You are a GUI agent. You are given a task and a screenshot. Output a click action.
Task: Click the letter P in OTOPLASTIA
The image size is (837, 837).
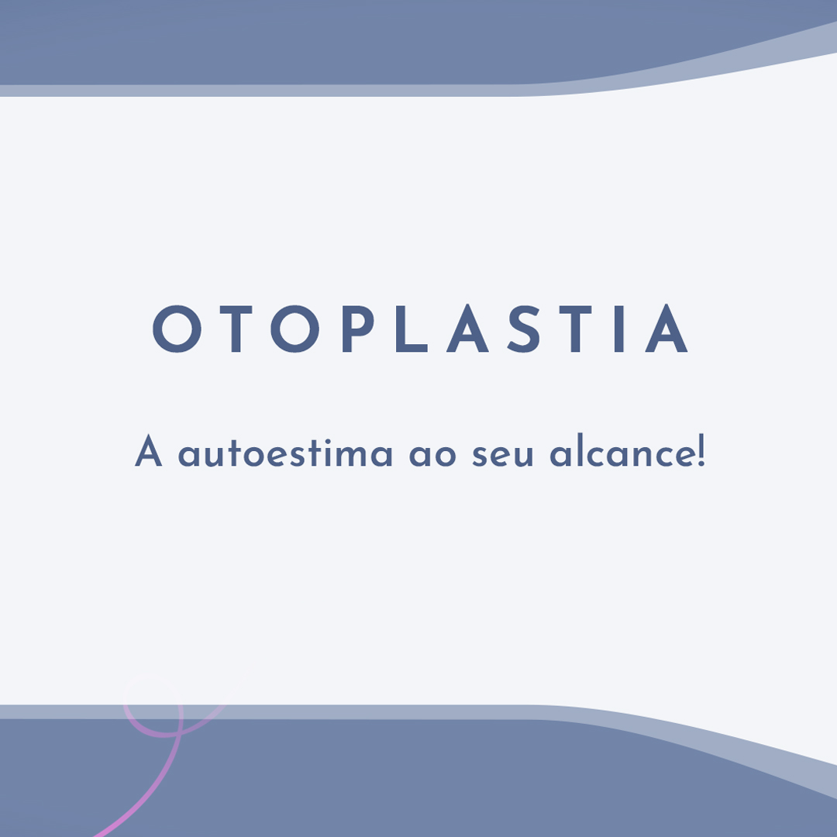tap(357, 329)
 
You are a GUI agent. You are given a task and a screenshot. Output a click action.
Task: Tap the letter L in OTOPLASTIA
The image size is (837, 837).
tap(411, 329)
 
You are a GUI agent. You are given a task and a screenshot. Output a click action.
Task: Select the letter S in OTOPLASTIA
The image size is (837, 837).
tap(524, 329)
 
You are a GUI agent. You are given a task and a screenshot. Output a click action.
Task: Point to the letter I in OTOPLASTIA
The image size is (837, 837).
tap(619, 329)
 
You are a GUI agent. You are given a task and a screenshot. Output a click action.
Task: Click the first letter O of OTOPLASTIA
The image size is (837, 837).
tap(177, 329)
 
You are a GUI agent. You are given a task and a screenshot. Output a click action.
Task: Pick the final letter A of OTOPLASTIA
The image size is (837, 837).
tap(666, 329)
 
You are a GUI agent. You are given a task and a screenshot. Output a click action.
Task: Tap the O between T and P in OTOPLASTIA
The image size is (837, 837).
tap(295, 329)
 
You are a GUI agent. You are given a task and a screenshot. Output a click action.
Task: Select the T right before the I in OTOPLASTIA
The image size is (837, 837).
tap(575, 329)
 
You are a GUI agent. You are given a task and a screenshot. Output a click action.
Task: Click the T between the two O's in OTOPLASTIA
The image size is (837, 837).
tap(236, 329)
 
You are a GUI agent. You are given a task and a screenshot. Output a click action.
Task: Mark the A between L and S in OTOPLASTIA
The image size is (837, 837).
tap(467, 329)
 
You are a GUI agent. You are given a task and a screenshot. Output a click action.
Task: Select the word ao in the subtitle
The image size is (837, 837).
tap(432, 456)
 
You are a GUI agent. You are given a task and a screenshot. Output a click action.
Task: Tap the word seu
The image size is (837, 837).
tap(503, 456)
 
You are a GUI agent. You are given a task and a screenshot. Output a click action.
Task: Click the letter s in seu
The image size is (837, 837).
tap(480, 456)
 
